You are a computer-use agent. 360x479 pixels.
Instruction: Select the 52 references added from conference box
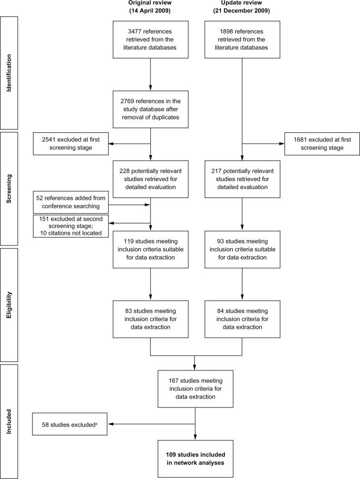click(x=70, y=202)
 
